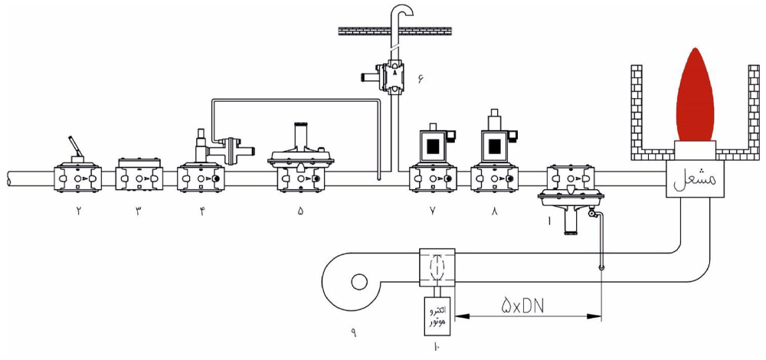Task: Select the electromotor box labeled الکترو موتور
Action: pyautogui.click(x=437, y=316)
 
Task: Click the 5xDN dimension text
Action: pyautogui.click(x=523, y=306)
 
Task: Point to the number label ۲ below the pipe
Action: pyautogui.click(x=77, y=211)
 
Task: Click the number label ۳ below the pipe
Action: pyautogui.click(x=138, y=211)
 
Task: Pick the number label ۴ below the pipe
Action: pyautogui.click(x=201, y=211)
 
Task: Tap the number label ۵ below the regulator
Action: pyautogui.click(x=300, y=211)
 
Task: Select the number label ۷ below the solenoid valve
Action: pyautogui.click(x=433, y=211)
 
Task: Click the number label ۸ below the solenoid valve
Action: pyautogui.click(x=494, y=211)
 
